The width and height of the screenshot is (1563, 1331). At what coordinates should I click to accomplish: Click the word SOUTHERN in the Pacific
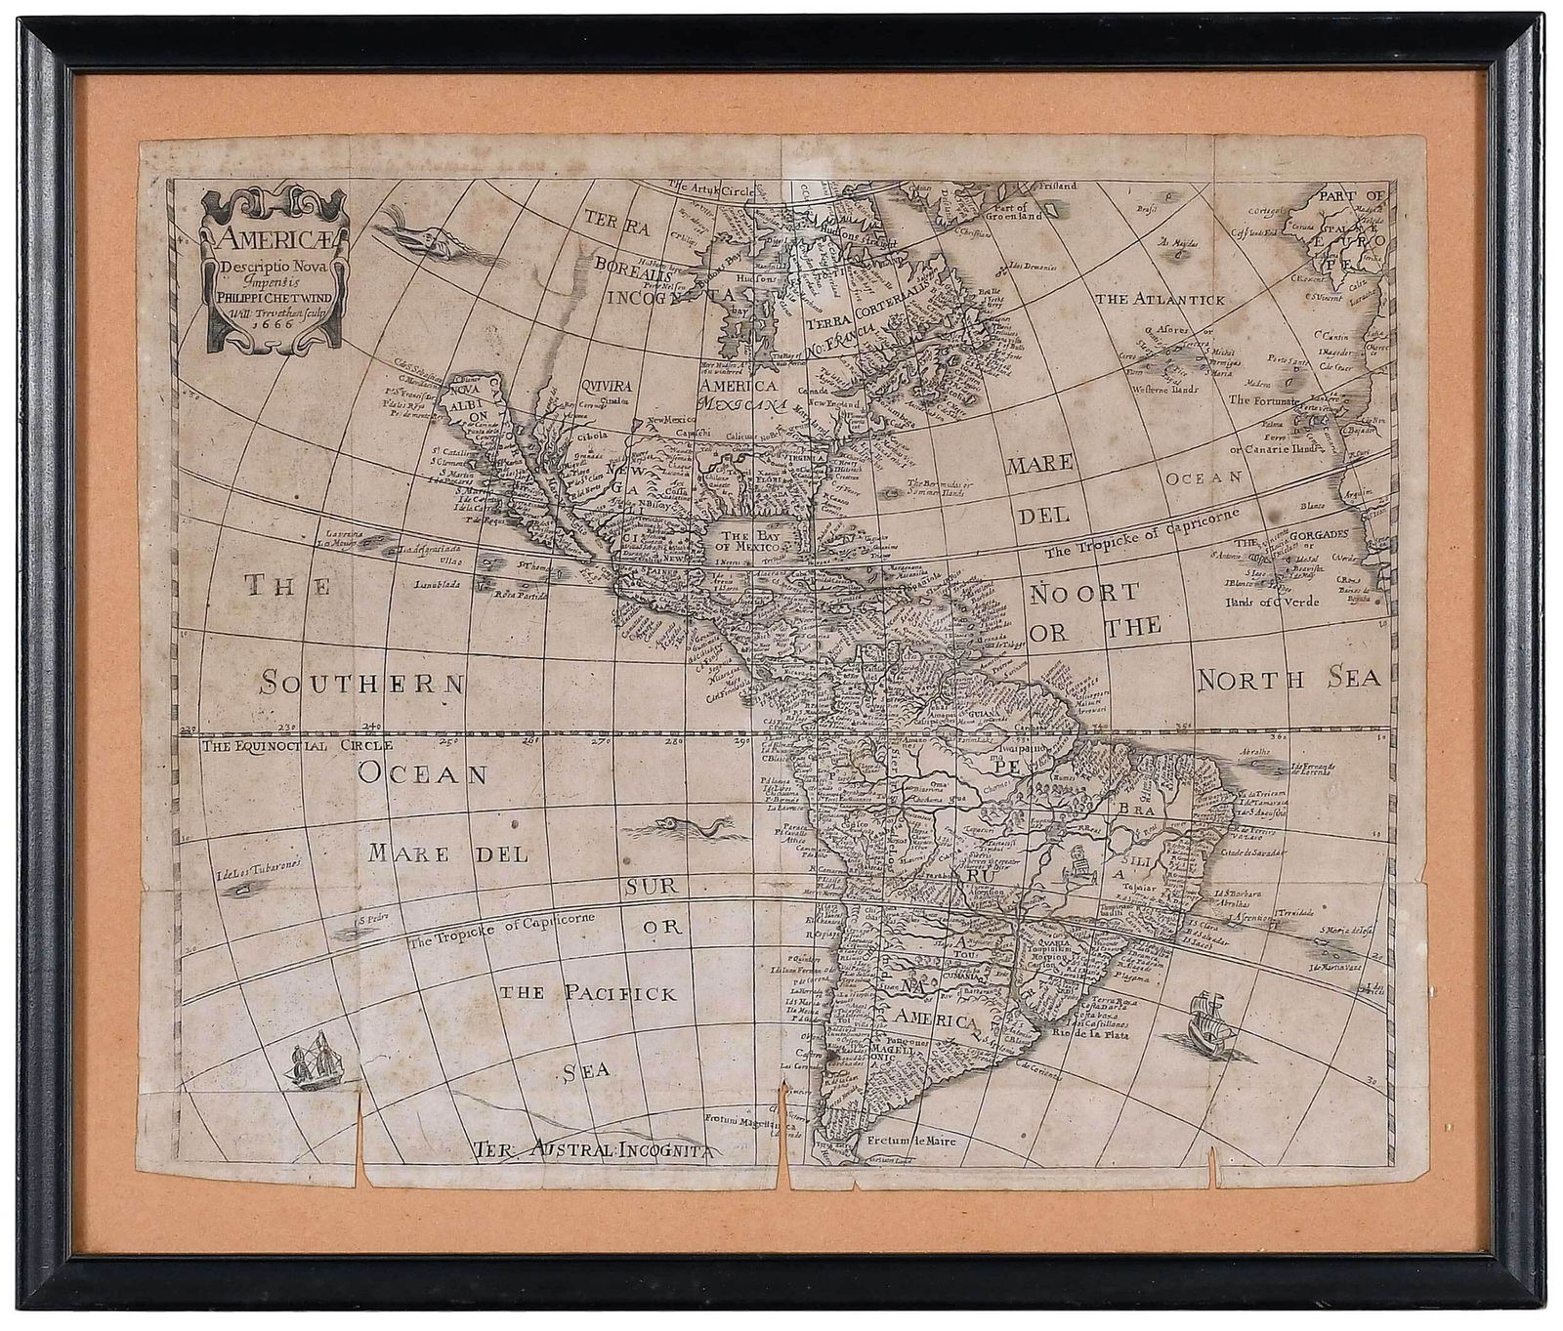[360, 683]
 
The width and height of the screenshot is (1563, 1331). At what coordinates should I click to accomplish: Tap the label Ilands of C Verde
[1270, 602]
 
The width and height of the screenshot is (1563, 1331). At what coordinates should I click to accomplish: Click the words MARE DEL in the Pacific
[448, 853]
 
